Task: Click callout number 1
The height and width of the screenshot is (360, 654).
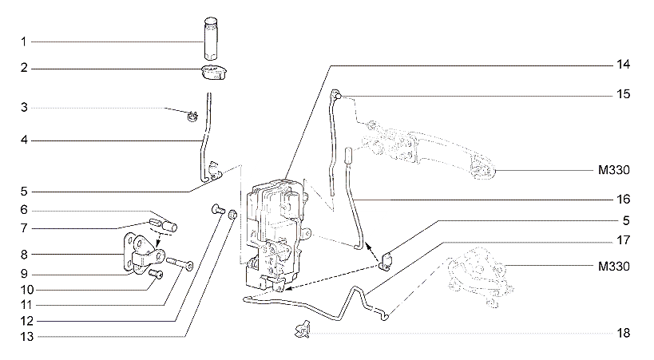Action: [x=24, y=42]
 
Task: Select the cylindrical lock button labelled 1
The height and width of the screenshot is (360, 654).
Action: [x=212, y=39]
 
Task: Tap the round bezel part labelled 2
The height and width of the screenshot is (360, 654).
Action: [x=213, y=72]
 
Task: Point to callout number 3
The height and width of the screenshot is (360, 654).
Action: [x=24, y=108]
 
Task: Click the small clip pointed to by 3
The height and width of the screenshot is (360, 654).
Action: [x=192, y=117]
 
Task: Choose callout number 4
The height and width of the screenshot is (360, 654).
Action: [x=24, y=140]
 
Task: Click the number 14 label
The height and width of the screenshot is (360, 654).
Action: [x=623, y=65]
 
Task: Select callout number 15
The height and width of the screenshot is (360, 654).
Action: [x=623, y=94]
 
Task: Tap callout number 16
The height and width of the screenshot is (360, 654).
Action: [x=623, y=200]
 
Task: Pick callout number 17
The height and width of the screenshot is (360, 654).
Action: [x=623, y=240]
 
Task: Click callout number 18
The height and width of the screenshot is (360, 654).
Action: [x=623, y=333]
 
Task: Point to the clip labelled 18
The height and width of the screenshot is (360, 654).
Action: [x=303, y=329]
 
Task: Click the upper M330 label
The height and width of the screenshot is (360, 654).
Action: [x=614, y=170]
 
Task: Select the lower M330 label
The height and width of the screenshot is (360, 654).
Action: [x=614, y=266]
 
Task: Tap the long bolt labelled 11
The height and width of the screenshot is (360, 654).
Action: [x=180, y=263]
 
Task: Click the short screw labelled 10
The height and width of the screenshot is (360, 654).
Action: [x=156, y=274]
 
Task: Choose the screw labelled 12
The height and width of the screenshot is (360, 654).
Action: [x=218, y=208]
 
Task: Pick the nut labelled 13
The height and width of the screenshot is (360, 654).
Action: [x=232, y=216]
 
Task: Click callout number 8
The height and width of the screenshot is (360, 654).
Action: [x=24, y=255]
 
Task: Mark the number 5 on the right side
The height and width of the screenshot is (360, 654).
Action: [x=626, y=220]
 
